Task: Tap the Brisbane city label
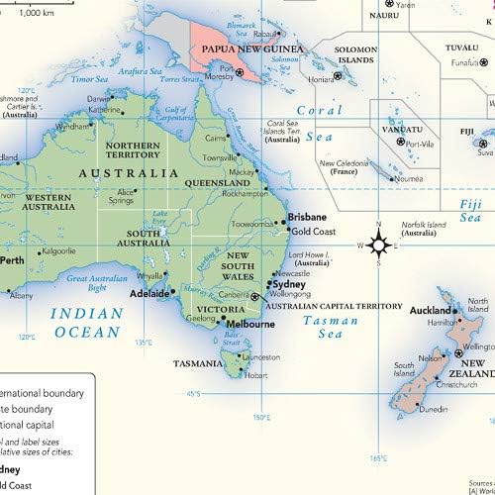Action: click(x=306, y=217)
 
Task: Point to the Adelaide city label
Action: click(x=152, y=294)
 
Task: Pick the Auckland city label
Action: click(x=433, y=309)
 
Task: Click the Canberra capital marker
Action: click(x=254, y=296)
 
